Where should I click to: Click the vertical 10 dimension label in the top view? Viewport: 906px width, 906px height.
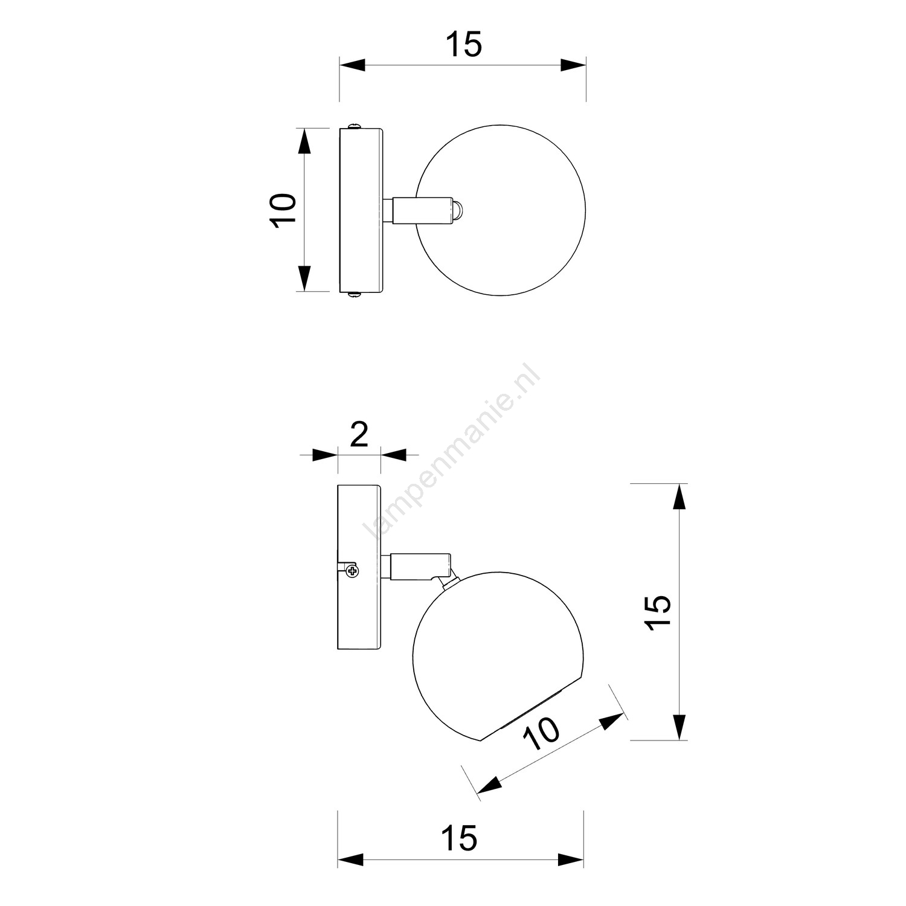tap(283, 210)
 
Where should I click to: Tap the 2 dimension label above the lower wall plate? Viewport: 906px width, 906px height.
tap(359, 435)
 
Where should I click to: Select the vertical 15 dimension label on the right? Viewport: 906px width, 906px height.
tap(658, 613)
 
